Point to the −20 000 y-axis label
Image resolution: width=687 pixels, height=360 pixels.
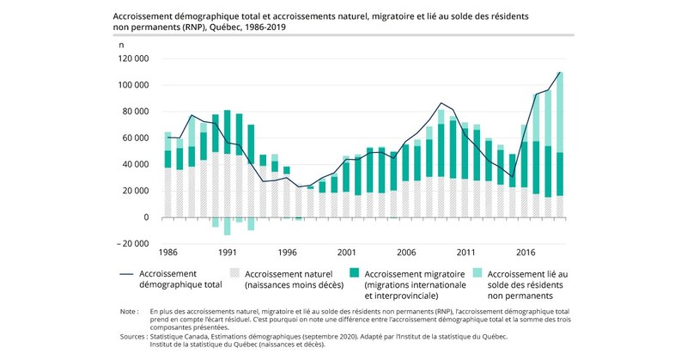131,243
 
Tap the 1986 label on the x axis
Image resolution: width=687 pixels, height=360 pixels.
167,253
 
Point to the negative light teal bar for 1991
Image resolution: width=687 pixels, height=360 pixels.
227,226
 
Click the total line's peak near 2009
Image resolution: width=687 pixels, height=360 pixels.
441,103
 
